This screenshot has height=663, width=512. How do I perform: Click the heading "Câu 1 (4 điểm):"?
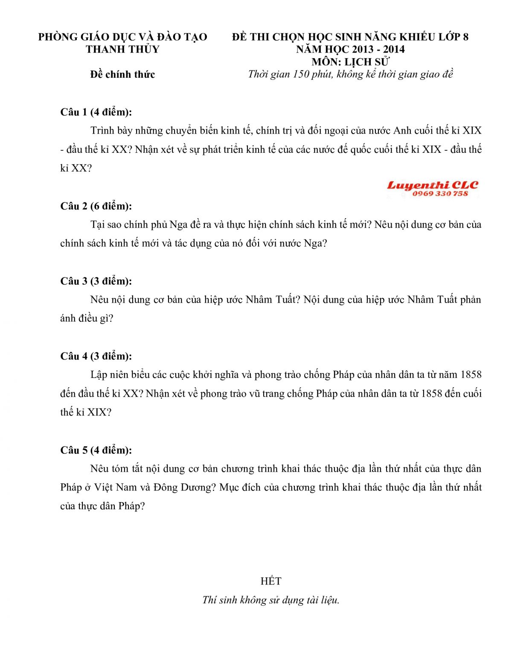(x=96, y=112)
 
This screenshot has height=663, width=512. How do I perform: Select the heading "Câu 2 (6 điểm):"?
(x=96, y=206)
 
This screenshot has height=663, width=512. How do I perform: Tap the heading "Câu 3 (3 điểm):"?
(x=96, y=281)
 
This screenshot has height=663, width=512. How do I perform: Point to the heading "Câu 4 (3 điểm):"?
(x=96, y=356)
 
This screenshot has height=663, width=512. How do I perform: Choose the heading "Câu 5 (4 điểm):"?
(x=96, y=450)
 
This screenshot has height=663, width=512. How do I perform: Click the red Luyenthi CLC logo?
(x=433, y=185)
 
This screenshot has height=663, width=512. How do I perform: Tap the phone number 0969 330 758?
(x=440, y=194)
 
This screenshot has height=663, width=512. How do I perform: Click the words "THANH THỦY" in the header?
(x=122, y=50)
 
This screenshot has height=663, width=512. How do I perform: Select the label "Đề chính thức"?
(x=122, y=75)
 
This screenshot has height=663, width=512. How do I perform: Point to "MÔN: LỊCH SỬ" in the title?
(x=350, y=62)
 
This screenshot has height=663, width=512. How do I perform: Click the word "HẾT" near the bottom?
(x=271, y=581)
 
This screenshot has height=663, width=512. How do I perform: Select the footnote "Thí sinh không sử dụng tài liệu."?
(x=271, y=600)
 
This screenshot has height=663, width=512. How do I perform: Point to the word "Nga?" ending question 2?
(x=316, y=244)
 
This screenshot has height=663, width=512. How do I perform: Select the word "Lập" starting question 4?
(x=99, y=375)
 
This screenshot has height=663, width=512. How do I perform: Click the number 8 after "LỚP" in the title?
(x=465, y=37)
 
